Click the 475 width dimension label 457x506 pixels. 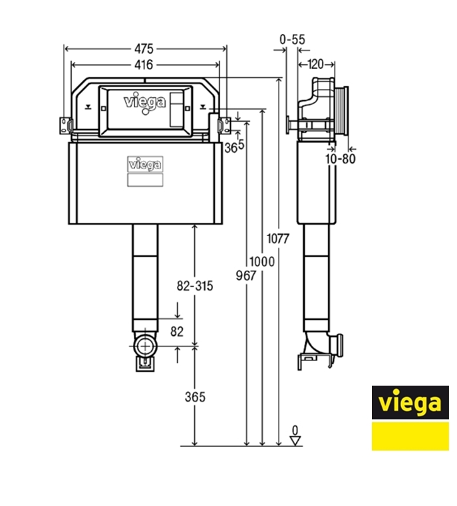pyautogui.click(x=144, y=49)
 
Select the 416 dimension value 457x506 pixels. pyautogui.click(x=144, y=64)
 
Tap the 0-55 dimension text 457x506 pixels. pyautogui.click(x=292, y=40)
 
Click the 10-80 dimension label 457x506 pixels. pyautogui.click(x=339, y=160)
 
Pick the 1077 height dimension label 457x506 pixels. pyautogui.click(x=277, y=239)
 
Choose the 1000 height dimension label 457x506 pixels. pyautogui.click(x=262, y=262)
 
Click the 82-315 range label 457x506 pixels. pyautogui.click(x=194, y=287)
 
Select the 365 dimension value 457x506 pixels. pyautogui.click(x=194, y=397)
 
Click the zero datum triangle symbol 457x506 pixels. pyautogui.click(x=296, y=440)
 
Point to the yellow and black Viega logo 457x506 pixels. pyautogui.click(x=410, y=418)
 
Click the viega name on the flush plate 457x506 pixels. pyautogui.click(x=145, y=102)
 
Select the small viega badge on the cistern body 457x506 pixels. pyautogui.click(x=145, y=164)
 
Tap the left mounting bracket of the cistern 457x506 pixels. pyautogui.click(x=66, y=124)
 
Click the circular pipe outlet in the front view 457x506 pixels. pyautogui.click(x=145, y=346)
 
